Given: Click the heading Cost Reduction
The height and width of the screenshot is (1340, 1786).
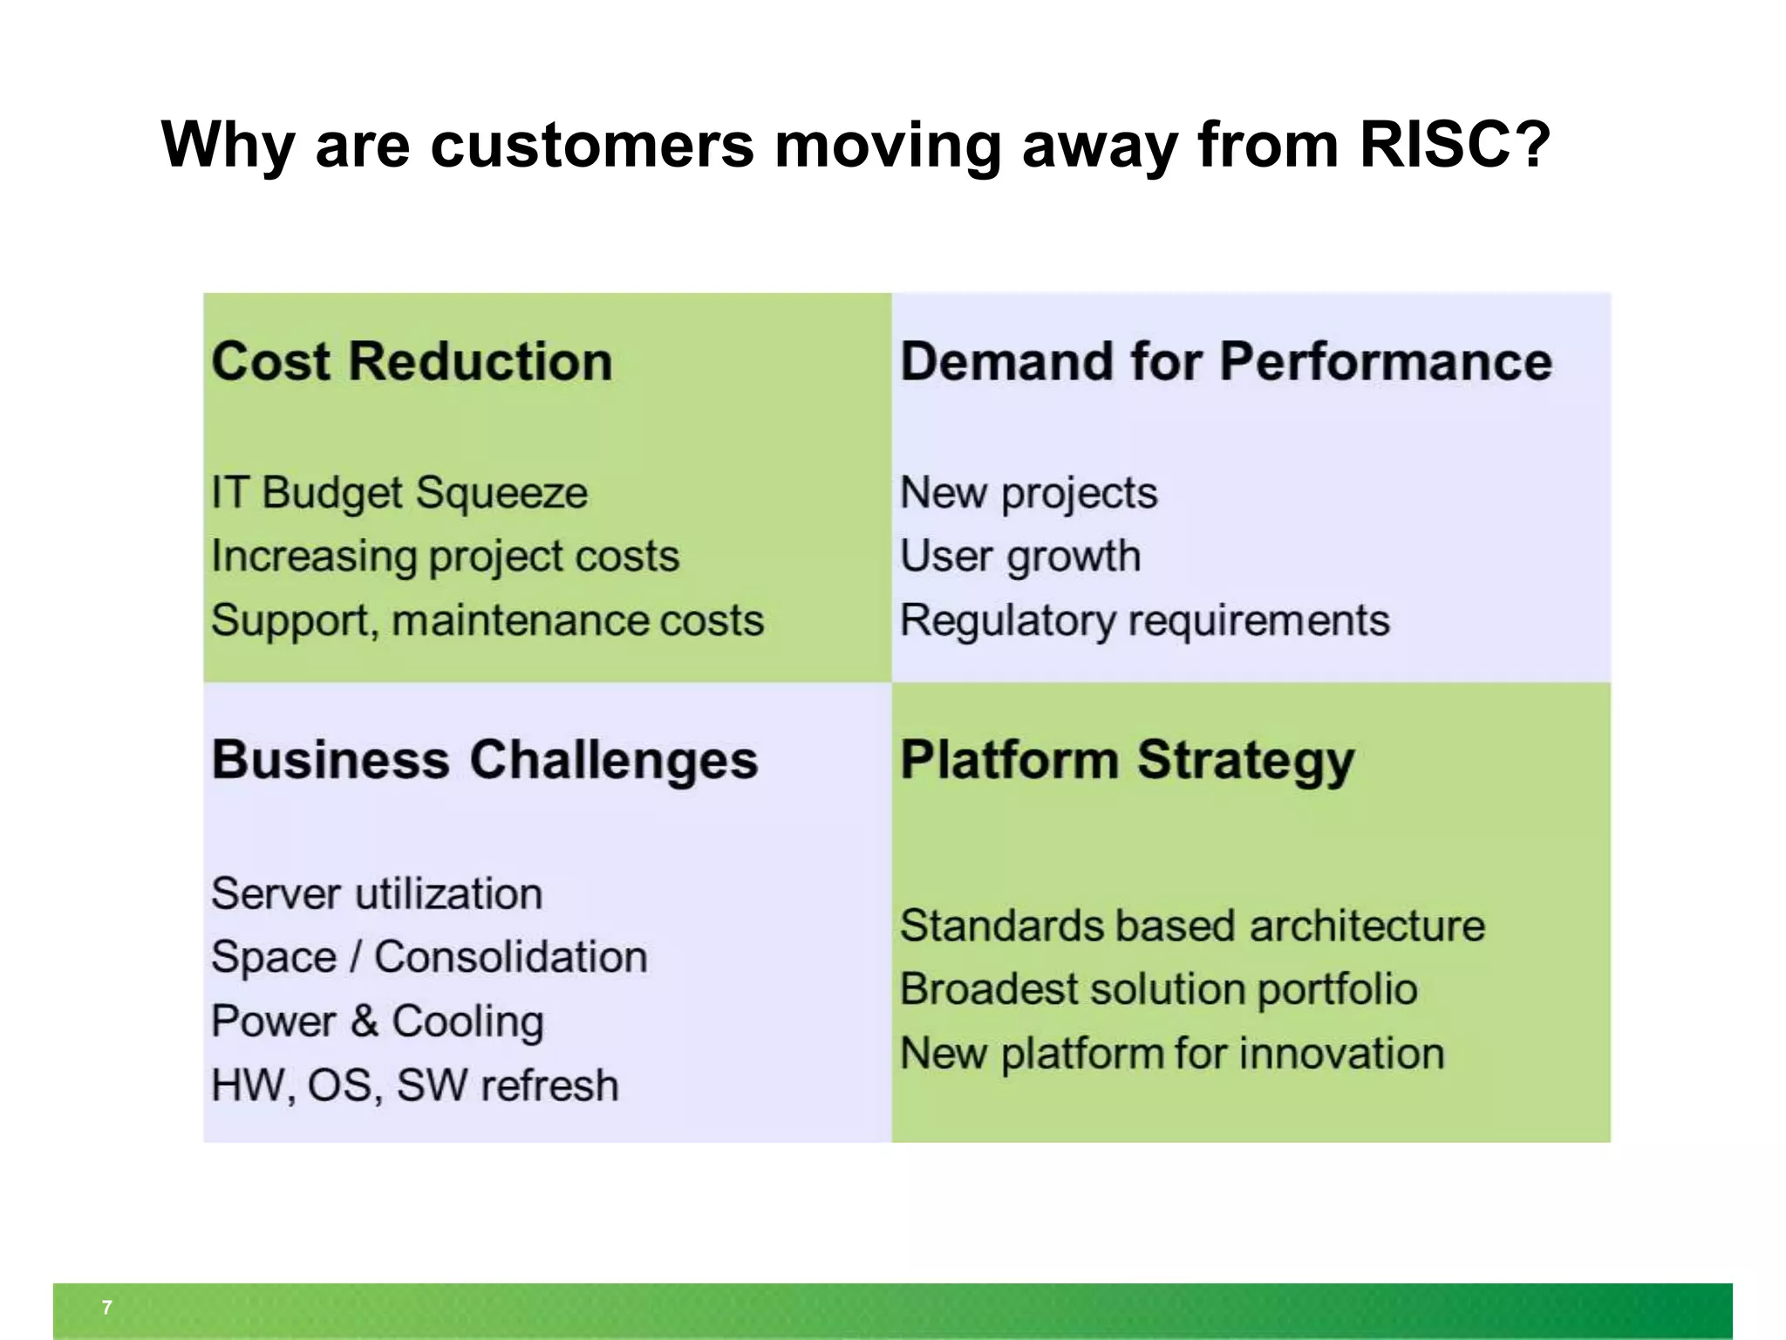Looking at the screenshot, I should click(x=412, y=361).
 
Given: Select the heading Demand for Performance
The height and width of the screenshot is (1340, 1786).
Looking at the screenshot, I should click(x=1225, y=361).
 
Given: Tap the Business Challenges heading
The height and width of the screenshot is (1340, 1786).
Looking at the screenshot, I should click(x=484, y=760).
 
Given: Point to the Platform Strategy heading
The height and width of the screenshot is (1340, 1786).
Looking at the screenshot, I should click(x=1127, y=760).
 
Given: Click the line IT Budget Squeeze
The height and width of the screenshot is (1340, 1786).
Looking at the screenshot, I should click(x=399, y=493).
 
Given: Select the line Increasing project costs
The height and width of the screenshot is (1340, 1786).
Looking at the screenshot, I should click(x=445, y=557).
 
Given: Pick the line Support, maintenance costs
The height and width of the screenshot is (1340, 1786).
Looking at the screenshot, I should click(x=487, y=621).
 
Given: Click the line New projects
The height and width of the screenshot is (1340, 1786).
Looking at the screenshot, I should click(x=1028, y=493).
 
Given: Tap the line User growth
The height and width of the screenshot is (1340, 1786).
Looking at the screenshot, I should click(x=1019, y=557).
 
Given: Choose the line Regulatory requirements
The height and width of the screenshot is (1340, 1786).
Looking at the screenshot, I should click(x=1144, y=621).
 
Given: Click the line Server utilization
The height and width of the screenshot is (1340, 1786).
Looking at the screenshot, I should click(x=377, y=894).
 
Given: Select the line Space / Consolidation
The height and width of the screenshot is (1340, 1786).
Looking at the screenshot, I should click(x=429, y=958).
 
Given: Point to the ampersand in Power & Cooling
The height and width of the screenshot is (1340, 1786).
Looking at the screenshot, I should click(x=365, y=1021).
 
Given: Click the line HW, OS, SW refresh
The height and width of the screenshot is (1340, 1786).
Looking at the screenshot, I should click(x=414, y=1086).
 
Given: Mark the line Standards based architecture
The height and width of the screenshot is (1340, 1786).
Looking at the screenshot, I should click(x=1191, y=926).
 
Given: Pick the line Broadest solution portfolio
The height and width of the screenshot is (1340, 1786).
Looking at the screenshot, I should click(x=1158, y=990).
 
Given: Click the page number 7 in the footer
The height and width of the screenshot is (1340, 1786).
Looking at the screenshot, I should click(x=106, y=1308).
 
